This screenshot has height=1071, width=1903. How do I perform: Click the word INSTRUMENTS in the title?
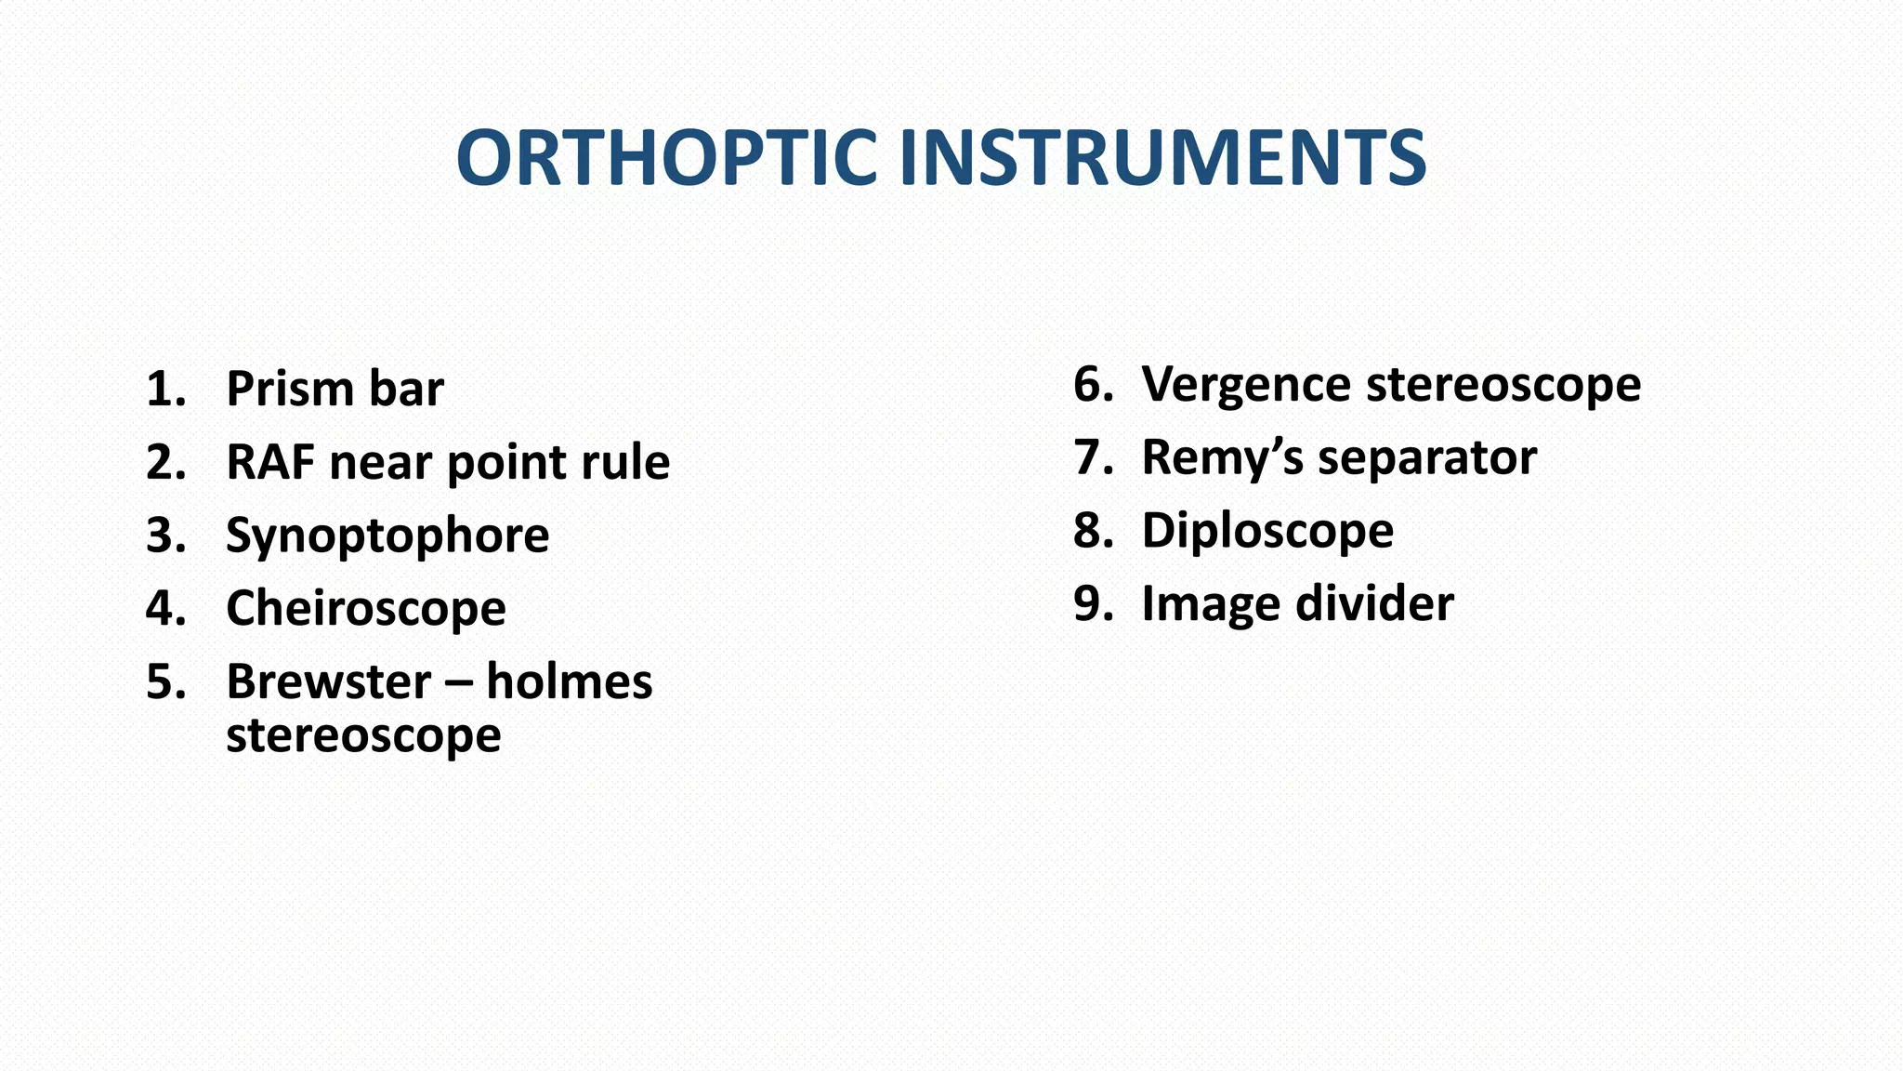click(1162, 158)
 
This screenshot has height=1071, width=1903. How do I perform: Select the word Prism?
click(289, 389)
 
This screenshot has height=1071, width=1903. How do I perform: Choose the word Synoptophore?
click(387, 535)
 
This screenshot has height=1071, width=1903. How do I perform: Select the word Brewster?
click(328, 681)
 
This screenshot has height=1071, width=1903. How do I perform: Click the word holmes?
click(569, 681)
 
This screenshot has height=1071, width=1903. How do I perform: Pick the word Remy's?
click(1222, 458)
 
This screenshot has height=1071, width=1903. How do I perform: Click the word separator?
click(1426, 458)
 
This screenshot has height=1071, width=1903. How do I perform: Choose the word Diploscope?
click(1267, 531)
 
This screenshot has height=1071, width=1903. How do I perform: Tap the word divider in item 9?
click(1374, 603)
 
